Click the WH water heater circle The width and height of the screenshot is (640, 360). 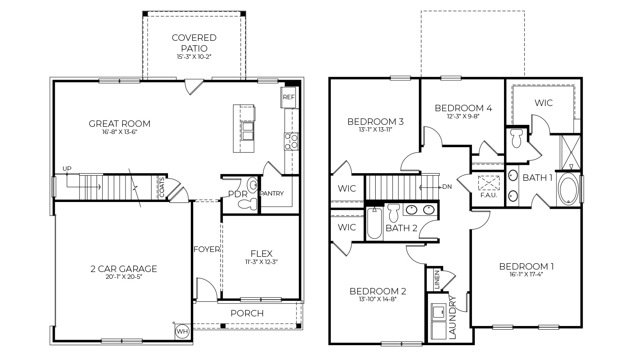click(x=182, y=331)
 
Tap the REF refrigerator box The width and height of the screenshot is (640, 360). click(x=288, y=97)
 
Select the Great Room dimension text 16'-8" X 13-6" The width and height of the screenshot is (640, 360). click(x=120, y=132)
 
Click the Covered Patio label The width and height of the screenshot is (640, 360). click(x=194, y=42)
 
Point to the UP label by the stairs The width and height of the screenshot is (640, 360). click(x=67, y=169)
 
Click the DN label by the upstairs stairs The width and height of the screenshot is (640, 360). click(x=447, y=187)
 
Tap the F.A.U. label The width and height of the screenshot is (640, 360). click(x=488, y=195)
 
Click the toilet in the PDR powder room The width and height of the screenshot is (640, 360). click(x=248, y=204)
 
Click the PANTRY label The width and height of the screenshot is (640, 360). click(x=272, y=194)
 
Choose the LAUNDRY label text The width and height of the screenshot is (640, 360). click(x=452, y=318)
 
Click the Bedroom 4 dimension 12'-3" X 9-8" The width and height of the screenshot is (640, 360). click(x=463, y=116)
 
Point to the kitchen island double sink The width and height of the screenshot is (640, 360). click(x=248, y=131)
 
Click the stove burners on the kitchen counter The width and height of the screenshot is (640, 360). click(x=291, y=141)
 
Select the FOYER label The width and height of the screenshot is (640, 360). click(x=206, y=250)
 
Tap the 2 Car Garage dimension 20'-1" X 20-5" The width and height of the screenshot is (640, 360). click(x=123, y=277)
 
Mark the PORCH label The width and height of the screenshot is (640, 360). click(x=247, y=313)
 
